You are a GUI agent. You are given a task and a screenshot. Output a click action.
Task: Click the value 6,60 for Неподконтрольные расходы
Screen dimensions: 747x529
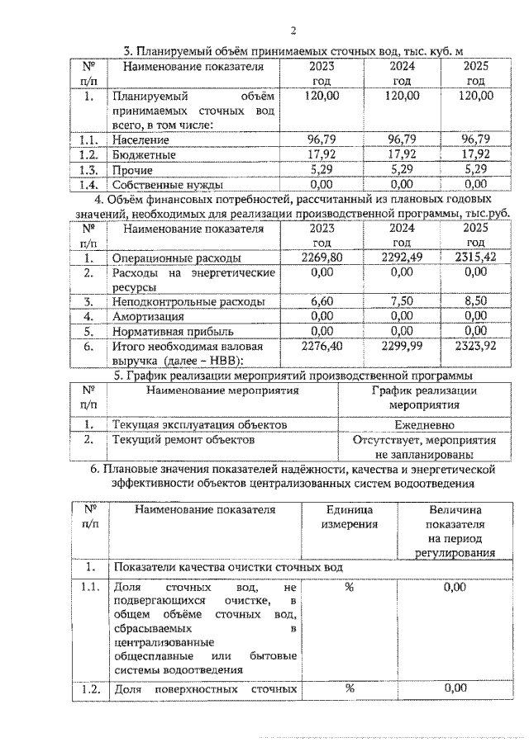[x=319, y=301]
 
